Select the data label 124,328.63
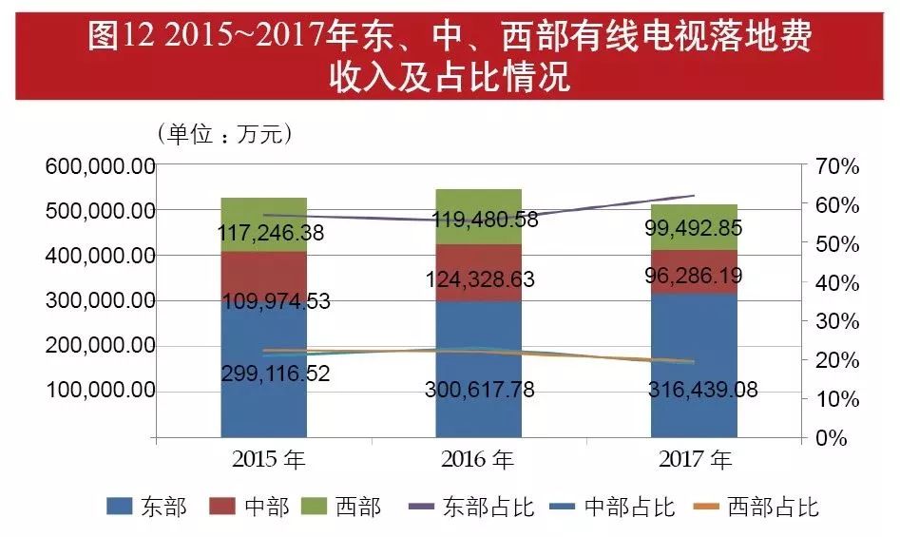pos(478,279)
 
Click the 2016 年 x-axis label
pos(478,461)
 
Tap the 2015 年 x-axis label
pos(269,461)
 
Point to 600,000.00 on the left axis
pos(100,166)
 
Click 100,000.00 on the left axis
pos(100,391)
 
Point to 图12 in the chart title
pos(122,37)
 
